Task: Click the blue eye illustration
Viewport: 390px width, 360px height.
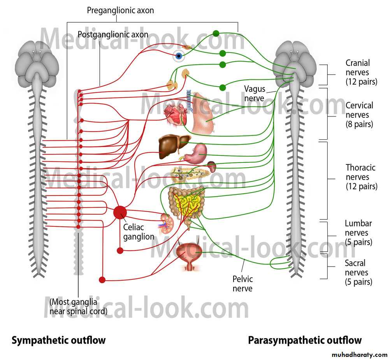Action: coord(179,56)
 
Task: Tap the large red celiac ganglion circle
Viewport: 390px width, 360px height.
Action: coord(120,212)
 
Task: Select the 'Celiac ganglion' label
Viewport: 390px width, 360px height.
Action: coord(139,231)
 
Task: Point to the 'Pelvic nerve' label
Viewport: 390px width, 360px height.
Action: coord(242,284)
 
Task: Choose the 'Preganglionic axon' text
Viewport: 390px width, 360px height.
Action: coord(120,11)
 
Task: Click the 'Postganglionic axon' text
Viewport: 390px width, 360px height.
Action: coord(113,35)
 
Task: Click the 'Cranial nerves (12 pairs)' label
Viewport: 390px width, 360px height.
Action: coord(361,72)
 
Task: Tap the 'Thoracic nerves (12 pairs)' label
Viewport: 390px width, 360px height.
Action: coord(361,177)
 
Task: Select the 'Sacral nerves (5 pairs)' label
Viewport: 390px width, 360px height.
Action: coord(358,273)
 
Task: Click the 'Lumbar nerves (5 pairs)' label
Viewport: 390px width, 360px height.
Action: coord(358,233)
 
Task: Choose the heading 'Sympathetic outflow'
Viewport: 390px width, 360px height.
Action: coord(58,340)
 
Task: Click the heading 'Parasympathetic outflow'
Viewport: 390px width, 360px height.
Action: coord(305,340)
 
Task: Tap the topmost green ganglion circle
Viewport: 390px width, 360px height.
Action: coord(216,34)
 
